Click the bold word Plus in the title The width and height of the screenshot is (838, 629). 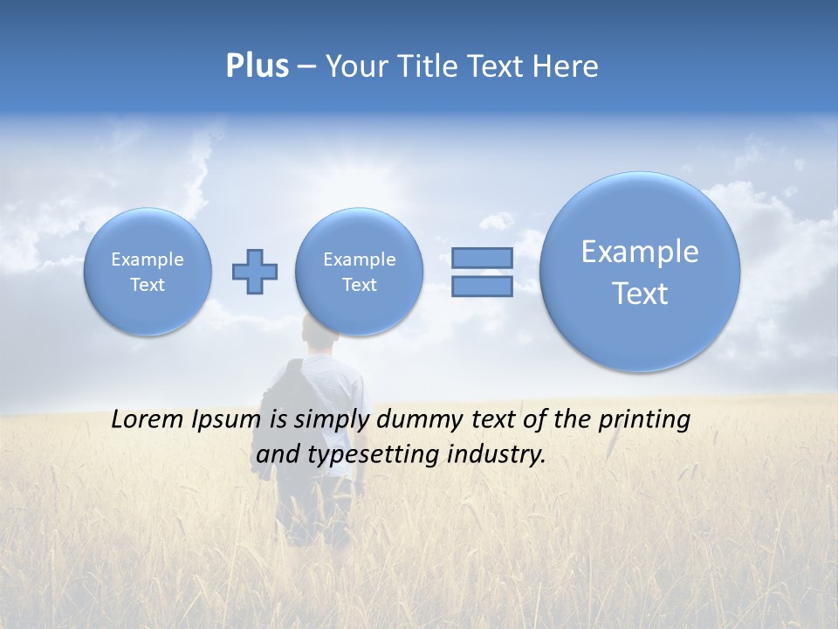coord(257,66)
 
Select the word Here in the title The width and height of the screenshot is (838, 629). coord(567,66)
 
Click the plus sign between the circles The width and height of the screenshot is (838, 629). coord(255,272)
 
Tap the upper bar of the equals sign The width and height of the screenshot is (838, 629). coord(482,258)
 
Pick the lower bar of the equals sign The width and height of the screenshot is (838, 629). coord(482,286)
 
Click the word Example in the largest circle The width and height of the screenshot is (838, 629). coord(640,252)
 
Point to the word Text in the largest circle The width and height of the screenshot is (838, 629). coord(640,294)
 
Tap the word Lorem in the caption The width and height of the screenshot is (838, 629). coord(148,420)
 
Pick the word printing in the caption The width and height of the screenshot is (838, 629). coord(644,420)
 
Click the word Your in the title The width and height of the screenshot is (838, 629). coord(357,66)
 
